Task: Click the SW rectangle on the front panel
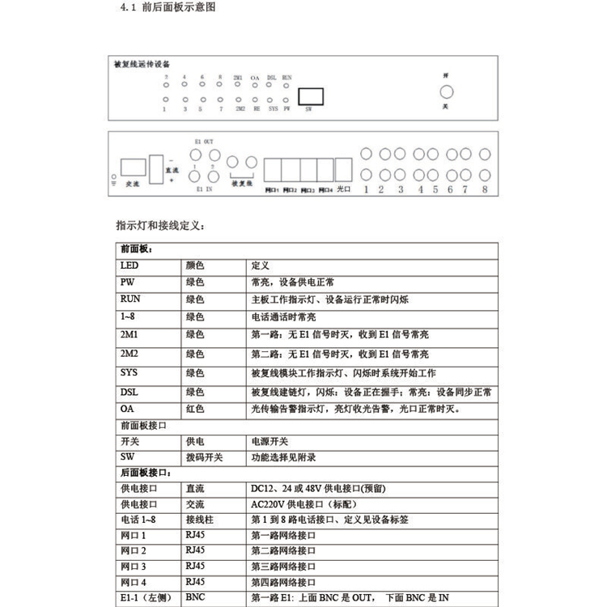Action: [312, 95]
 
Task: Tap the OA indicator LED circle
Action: [256, 86]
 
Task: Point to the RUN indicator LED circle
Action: [287, 86]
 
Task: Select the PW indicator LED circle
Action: [287, 100]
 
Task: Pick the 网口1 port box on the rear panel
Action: [273, 171]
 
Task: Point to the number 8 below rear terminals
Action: [485, 191]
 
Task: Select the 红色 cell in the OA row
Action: [194, 409]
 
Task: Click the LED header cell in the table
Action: [129, 265]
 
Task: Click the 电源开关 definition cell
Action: [270, 441]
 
